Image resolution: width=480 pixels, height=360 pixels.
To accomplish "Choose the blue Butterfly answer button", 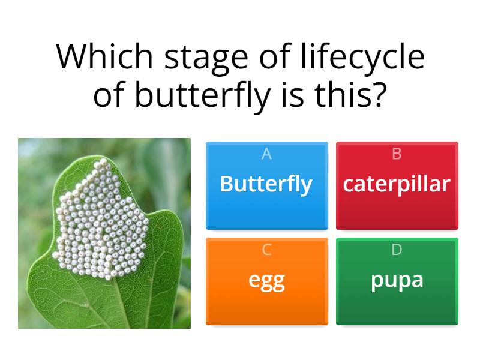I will click(x=266, y=185).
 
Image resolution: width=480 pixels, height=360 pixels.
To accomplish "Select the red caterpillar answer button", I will click(x=397, y=185).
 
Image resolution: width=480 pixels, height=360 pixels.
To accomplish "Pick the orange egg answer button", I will click(x=266, y=281).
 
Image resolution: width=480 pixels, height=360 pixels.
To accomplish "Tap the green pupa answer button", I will click(x=397, y=281).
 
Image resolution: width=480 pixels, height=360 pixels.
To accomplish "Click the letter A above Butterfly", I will click(x=266, y=154).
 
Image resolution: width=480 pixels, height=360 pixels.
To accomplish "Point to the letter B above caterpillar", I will click(x=397, y=154).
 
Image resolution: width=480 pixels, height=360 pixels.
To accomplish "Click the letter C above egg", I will click(x=266, y=250).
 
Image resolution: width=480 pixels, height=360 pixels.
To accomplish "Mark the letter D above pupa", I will click(x=397, y=250).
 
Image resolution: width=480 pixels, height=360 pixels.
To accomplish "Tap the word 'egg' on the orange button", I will click(x=266, y=280).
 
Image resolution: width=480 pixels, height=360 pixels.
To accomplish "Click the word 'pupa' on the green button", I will click(x=397, y=280).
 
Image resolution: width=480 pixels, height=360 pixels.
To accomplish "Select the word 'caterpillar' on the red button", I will click(x=397, y=184).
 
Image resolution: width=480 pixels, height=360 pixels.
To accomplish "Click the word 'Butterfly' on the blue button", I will click(x=266, y=184).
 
